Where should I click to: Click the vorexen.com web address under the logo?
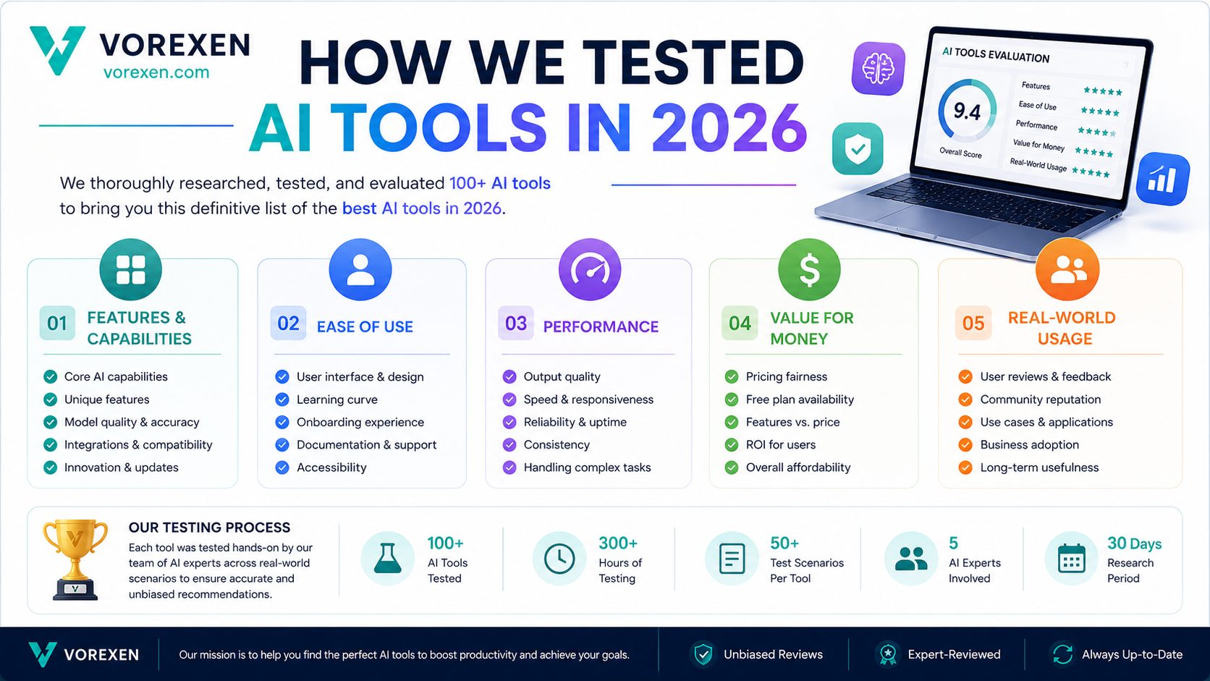156,72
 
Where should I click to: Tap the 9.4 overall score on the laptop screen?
966,111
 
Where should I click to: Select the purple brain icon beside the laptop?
879,69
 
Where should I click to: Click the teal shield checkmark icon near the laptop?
858,148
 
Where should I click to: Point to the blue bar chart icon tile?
1162,179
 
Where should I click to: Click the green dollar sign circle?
809,269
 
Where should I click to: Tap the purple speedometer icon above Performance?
590,269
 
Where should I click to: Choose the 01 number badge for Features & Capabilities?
57,323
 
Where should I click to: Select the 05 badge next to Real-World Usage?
973,323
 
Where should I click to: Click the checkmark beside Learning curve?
282,399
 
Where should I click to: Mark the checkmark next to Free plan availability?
732,399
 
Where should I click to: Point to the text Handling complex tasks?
587,467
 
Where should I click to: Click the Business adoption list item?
1029,444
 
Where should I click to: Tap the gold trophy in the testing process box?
75,559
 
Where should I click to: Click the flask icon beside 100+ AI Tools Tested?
388,559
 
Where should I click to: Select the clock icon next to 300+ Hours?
559,559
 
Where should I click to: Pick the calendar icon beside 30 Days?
1071,559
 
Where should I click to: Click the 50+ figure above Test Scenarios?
784,543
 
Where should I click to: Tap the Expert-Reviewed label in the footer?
954,654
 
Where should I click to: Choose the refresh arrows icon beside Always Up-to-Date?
1062,654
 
